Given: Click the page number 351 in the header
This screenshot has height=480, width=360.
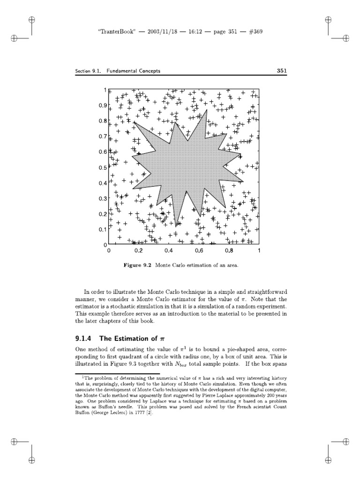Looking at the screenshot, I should [281, 71].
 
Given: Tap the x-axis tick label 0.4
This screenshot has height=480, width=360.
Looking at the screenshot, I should [169, 251].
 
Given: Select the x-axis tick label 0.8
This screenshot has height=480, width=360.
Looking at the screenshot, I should [229, 251].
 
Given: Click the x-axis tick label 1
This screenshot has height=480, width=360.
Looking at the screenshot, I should [259, 251].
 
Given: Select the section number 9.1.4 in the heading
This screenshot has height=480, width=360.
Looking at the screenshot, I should [86, 339].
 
